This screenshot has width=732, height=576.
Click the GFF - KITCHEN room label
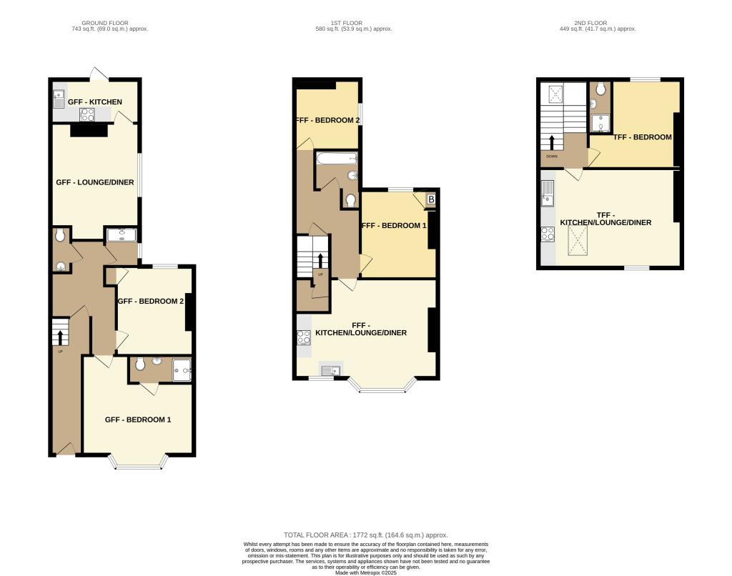(x=95, y=102)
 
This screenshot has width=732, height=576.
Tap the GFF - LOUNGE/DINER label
(x=95, y=182)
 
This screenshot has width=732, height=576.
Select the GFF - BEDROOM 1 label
(x=138, y=419)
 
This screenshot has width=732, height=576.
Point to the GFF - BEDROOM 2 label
(x=151, y=302)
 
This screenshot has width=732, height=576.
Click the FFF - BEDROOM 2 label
(x=327, y=120)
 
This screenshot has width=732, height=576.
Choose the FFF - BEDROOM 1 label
(x=395, y=225)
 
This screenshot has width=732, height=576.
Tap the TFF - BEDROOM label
(x=633, y=137)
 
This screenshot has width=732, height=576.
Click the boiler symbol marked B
(x=430, y=200)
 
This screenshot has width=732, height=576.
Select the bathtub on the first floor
(x=336, y=159)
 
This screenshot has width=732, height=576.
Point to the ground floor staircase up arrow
(x=61, y=334)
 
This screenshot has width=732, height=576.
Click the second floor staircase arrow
(x=552, y=141)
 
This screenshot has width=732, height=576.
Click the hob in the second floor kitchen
(x=548, y=233)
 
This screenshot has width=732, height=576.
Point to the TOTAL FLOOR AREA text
(x=365, y=535)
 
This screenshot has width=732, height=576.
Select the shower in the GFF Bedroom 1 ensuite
(x=182, y=368)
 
